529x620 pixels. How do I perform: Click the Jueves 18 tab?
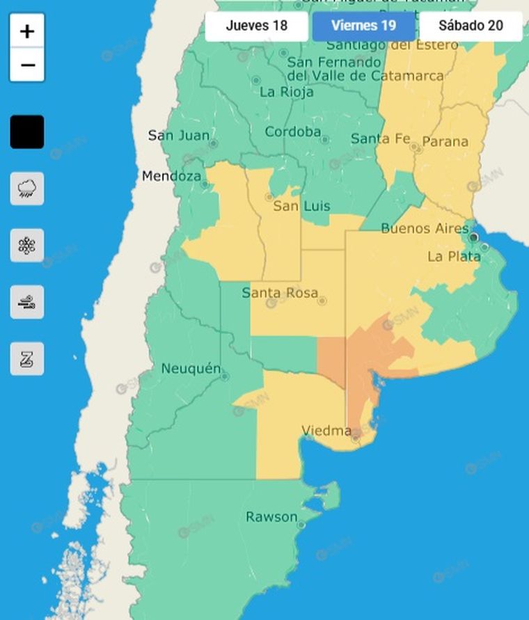point(256,26)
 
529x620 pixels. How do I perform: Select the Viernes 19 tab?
point(363,26)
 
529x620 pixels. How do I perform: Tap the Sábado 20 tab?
point(471,26)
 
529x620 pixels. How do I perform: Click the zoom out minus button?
point(27,65)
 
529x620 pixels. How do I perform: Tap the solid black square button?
point(27,132)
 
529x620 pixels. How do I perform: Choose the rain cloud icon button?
point(27,189)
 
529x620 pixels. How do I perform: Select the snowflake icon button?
point(27,246)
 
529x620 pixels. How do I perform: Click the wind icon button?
point(27,302)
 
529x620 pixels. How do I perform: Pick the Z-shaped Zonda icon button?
point(27,359)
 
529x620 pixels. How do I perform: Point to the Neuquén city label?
point(191,369)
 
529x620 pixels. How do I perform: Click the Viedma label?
point(326,431)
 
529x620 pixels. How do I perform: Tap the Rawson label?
point(271,517)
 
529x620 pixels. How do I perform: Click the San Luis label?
point(301,206)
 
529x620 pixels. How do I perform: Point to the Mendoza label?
point(171,176)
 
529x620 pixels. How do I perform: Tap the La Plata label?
point(454,257)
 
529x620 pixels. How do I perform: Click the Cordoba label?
point(292,132)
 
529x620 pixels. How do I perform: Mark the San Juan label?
point(179,135)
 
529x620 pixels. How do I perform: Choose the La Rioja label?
point(287,92)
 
